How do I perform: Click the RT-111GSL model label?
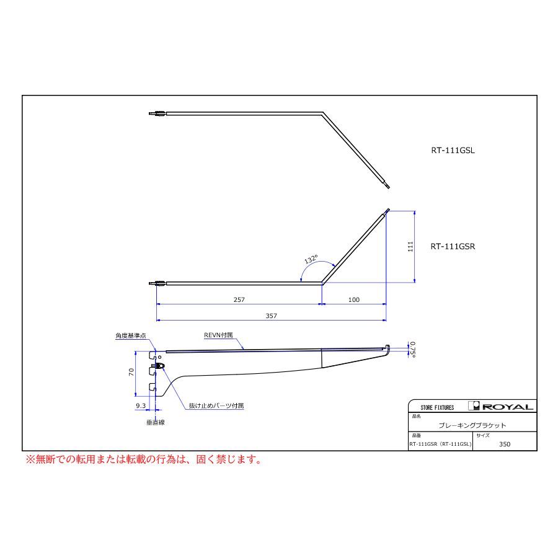[x=453, y=150]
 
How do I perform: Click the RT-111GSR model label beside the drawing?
[x=453, y=246]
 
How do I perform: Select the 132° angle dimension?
[x=311, y=259]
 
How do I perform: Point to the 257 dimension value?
[x=239, y=299]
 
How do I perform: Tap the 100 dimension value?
[x=354, y=299]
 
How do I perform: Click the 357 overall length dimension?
[x=271, y=316]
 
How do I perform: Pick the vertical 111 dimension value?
[x=410, y=247]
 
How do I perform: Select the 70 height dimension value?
[x=131, y=372]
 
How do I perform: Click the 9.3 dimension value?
[x=141, y=405]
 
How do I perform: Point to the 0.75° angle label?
[x=412, y=350]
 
